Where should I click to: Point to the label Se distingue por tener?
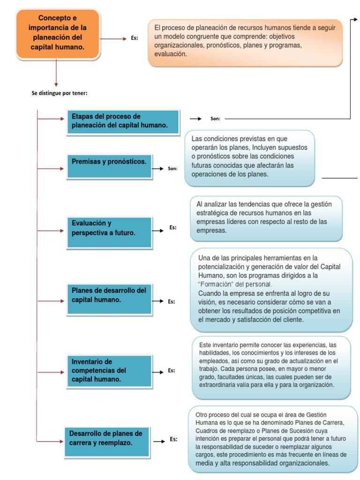tap(60, 93)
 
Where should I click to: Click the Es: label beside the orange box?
tap(135, 39)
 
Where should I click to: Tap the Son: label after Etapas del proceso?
tap(215, 119)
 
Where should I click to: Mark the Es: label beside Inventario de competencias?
tap(172, 370)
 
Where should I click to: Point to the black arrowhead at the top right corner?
tap(355, 19)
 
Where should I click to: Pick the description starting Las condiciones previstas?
tap(249, 157)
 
